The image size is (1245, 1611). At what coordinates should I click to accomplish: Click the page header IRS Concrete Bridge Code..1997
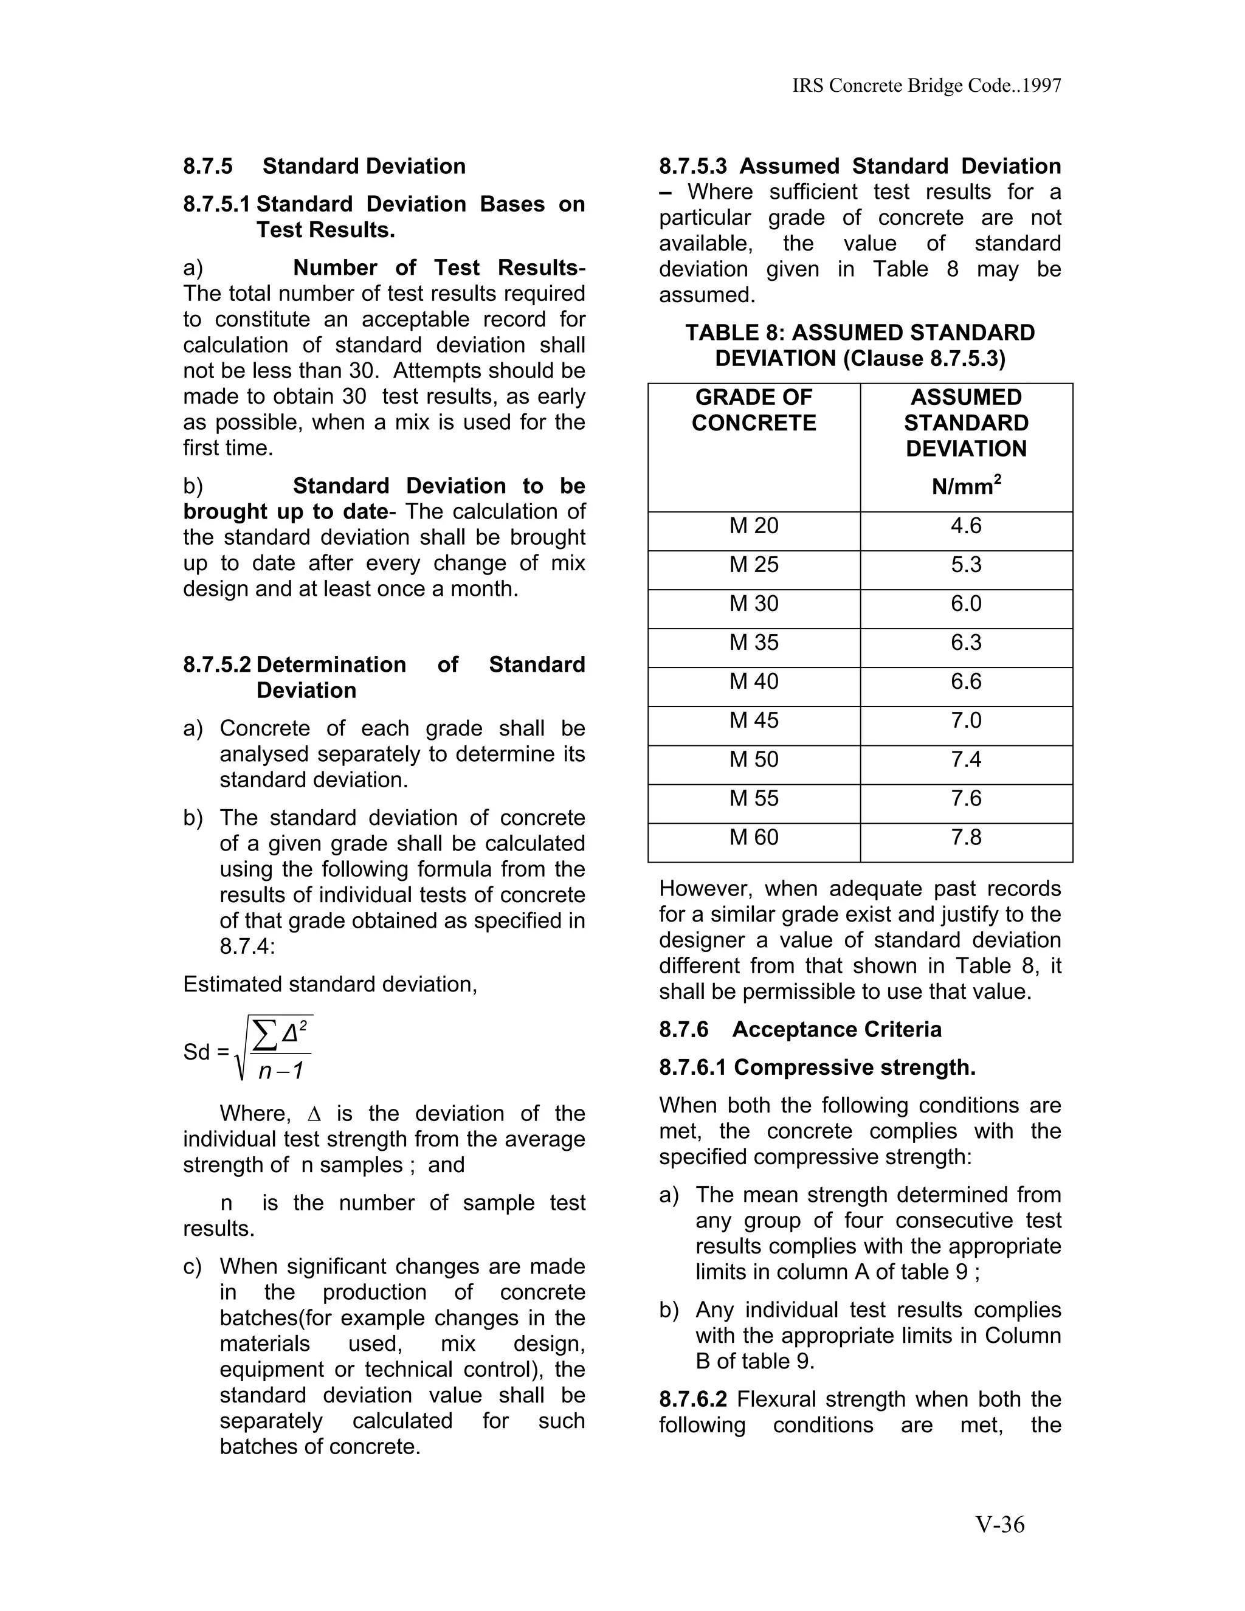point(926,86)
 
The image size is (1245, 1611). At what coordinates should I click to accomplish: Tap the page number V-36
point(1000,1524)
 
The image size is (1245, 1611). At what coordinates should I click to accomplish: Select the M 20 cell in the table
point(754,526)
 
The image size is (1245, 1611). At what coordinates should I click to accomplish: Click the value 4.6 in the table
point(965,526)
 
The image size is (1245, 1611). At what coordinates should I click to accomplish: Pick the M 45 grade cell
point(754,720)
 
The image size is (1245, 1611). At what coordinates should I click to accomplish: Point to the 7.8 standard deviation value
point(965,837)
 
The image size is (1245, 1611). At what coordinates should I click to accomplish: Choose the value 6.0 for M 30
point(965,604)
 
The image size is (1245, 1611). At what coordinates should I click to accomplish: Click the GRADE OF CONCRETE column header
point(754,410)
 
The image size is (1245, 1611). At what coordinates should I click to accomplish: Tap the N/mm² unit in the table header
point(965,486)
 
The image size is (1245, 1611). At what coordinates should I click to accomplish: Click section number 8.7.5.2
point(217,664)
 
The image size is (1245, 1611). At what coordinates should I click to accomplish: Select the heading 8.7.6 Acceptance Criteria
point(800,1030)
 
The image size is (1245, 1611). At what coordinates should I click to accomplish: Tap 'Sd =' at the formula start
point(206,1052)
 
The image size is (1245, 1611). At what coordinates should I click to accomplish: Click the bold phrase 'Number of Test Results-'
point(439,267)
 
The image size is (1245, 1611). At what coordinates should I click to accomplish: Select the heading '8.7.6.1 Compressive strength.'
point(817,1068)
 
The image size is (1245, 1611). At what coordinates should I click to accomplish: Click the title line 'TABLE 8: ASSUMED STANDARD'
point(860,333)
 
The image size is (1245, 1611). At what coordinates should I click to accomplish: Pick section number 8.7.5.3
point(692,167)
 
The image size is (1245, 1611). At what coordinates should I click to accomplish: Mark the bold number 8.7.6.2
point(692,1399)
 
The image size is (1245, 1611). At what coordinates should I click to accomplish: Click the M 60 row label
point(754,837)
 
